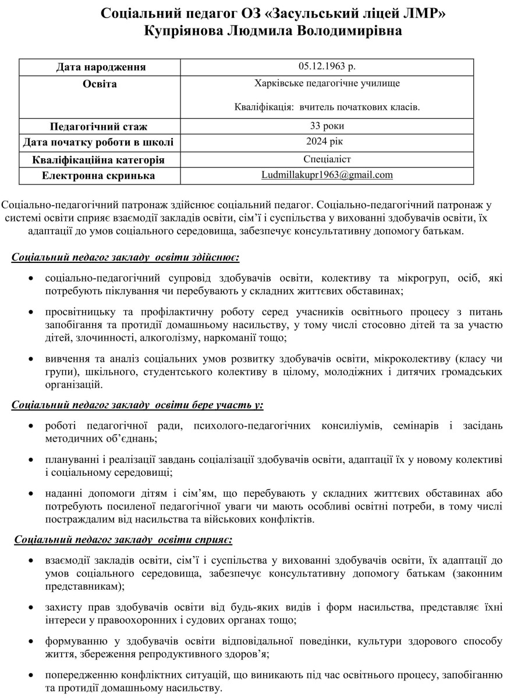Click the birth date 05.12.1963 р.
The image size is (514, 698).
[x=327, y=66]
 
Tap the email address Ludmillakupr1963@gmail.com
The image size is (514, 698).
[x=327, y=174]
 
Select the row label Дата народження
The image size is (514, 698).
[x=101, y=67]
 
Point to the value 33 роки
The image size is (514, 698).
[x=327, y=126]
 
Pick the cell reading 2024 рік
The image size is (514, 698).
[x=327, y=141]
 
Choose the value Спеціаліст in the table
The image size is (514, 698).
[x=327, y=158]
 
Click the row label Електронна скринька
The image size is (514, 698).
[x=98, y=175]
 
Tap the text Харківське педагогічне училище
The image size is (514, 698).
[x=327, y=84]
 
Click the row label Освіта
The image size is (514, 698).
[x=101, y=84]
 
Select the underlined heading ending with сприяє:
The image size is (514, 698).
[x=123, y=540]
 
